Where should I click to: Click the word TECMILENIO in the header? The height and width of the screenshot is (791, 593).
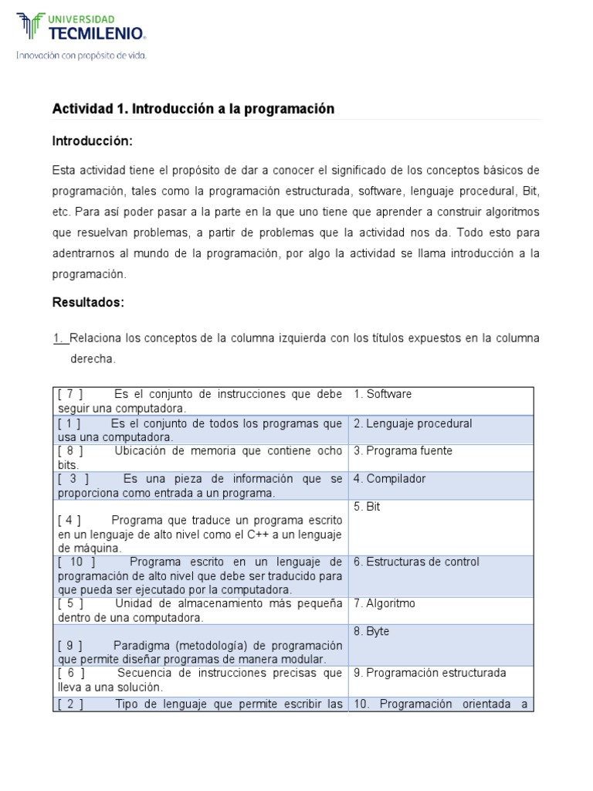click(x=97, y=32)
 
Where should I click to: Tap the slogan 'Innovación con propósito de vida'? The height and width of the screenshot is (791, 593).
click(x=81, y=55)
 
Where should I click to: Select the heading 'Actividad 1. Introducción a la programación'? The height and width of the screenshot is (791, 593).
click(x=193, y=109)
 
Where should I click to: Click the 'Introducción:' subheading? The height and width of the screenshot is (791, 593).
click(x=93, y=141)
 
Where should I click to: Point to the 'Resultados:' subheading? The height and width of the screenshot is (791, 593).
click(x=88, y=302)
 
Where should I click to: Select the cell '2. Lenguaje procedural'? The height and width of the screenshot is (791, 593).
click(x=412, y=423)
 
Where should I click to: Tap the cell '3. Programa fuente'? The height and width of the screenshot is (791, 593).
click(x=403, y=450)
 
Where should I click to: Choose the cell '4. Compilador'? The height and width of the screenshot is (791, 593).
click(x=389, y=479)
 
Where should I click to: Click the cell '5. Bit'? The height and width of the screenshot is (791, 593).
click(x=367, y=507)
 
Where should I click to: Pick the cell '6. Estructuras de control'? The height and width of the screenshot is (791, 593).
click(x=416, y=562)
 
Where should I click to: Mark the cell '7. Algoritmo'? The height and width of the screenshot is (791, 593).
click(x=384, y=603)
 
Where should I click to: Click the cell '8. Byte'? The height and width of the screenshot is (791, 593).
click(x=371, y=631)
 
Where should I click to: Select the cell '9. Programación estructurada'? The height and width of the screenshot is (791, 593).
click(x=429, y=673)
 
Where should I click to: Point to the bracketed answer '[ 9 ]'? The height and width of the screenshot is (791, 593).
click(x=69, y=645)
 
